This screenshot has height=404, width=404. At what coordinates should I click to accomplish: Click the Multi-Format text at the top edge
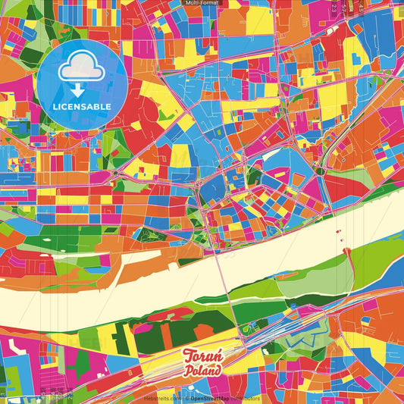tap(202, 4)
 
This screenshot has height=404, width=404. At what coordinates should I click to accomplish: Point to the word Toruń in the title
tap(202, 356)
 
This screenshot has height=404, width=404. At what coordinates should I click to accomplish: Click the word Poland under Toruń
tap(203, 371)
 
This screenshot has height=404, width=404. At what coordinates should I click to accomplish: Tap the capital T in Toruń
tap(187, 356)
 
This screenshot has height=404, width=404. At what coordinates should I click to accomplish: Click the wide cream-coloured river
tap(152, 284)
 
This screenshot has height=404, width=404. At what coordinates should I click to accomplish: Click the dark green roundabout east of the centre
tap(321, 171)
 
